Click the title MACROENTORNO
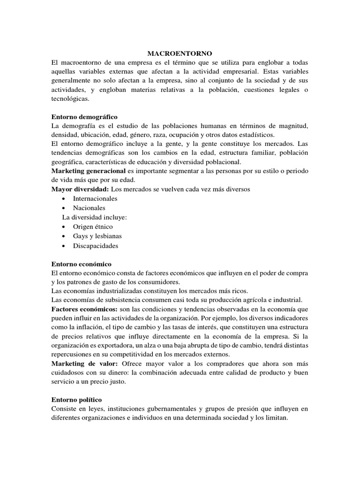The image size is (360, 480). (x=180, y=54)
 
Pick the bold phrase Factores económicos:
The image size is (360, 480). (x=85, y=310)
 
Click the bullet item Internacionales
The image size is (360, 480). (x=95, y=199)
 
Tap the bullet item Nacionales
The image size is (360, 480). (x=89, y=208)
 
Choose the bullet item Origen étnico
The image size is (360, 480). (x=93, y=227)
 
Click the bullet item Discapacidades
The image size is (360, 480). (x=96, y=246)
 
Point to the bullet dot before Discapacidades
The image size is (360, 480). (x=63, y=246)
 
